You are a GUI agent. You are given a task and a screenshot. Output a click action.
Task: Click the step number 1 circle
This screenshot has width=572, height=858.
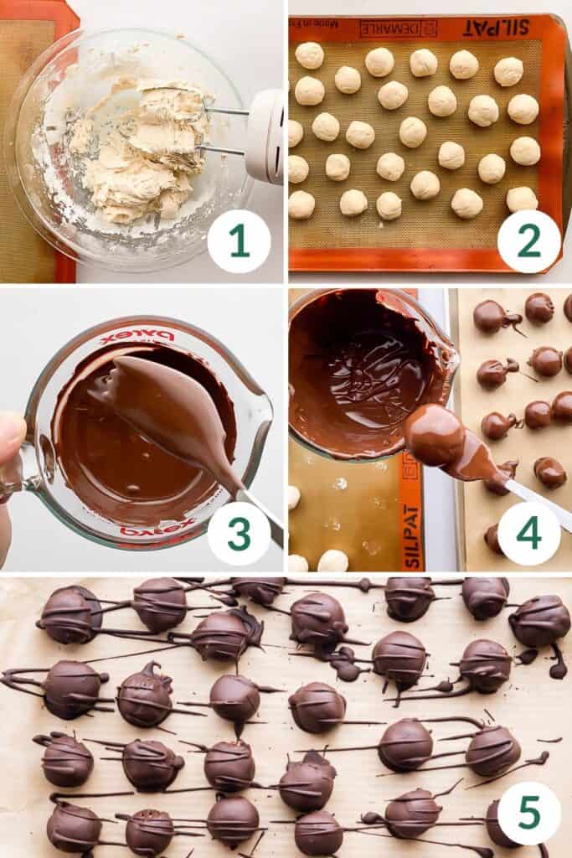tap(239, 241)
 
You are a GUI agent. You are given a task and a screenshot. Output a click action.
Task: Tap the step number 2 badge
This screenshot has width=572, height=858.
tap(528, 241)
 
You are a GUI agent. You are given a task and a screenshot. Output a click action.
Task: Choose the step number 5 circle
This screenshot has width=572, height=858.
tap(528, 813)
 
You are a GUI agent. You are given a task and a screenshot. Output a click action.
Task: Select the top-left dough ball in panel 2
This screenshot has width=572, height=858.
tap(309, 55)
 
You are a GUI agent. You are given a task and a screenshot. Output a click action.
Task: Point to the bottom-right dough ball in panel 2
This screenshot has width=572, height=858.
tap(521, 199)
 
